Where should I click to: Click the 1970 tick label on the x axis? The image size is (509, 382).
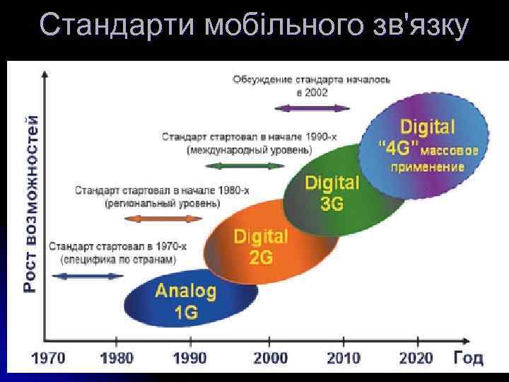click(x=47, y=358)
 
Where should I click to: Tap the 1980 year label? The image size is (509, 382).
click(x=117, y=358)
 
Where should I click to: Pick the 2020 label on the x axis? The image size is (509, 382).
click(x=416, y=358)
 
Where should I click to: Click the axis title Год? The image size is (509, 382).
click(x=468, y=357)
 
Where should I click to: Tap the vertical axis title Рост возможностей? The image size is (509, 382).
click(x=30, y=204)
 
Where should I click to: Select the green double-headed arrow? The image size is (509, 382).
click(x=245, y=166)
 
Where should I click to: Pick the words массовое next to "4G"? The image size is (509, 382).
click(x=451, y=150)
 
